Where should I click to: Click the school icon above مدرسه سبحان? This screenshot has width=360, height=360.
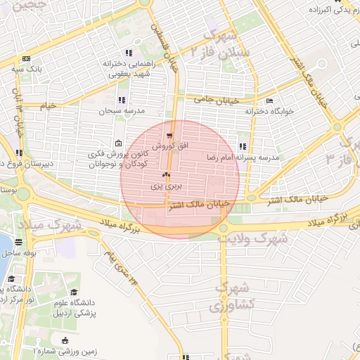point(122,100)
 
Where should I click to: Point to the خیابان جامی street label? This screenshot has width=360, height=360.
point(208,100)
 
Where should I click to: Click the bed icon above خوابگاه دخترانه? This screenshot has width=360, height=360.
point(271,100)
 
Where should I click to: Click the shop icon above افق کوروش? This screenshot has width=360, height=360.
point(169,136)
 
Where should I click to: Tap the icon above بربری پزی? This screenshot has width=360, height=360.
point(167,174)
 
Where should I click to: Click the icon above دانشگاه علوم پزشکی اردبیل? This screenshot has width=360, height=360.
point(75,292)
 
